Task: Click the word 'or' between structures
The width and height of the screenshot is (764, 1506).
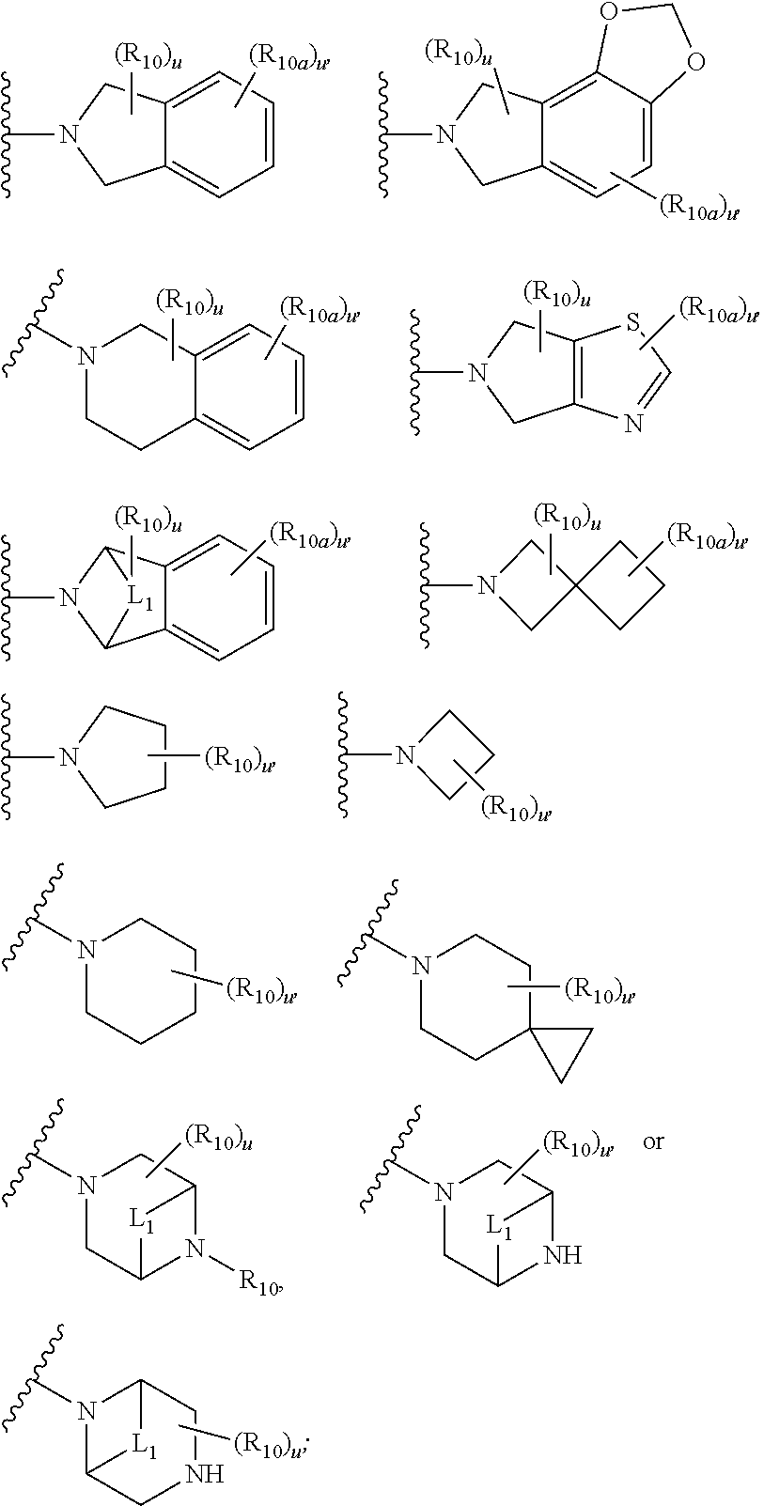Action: pos(653,1142)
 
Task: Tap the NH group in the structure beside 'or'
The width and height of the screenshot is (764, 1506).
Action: pos(563,1254)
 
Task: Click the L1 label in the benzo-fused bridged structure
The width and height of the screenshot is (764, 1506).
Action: pos(139,597)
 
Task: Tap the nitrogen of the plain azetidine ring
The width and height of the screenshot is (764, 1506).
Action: pos(405,754)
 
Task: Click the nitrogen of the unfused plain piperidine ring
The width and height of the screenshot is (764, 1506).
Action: pos(86,952)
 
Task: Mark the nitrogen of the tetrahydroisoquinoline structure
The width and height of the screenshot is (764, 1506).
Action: pos(86,356)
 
